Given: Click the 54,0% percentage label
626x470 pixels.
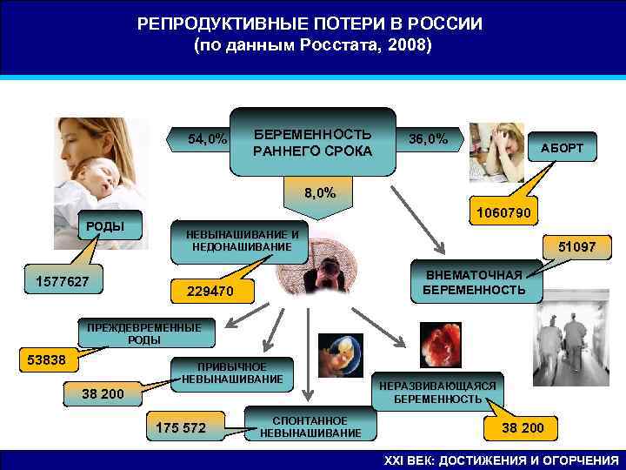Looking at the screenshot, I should tap(207, 139).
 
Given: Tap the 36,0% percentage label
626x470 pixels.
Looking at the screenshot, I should tap(429, 139).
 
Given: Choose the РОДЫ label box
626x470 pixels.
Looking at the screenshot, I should tap(103, 227).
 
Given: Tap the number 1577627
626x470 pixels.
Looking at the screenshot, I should tap(63, 281).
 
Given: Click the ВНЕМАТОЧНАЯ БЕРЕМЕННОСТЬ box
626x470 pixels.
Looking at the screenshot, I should tap(474, 282).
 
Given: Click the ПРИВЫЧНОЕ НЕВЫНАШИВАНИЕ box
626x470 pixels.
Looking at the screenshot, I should tap(232, 373).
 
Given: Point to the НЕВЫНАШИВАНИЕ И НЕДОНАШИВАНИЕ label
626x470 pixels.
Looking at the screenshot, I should tap(236, 240).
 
